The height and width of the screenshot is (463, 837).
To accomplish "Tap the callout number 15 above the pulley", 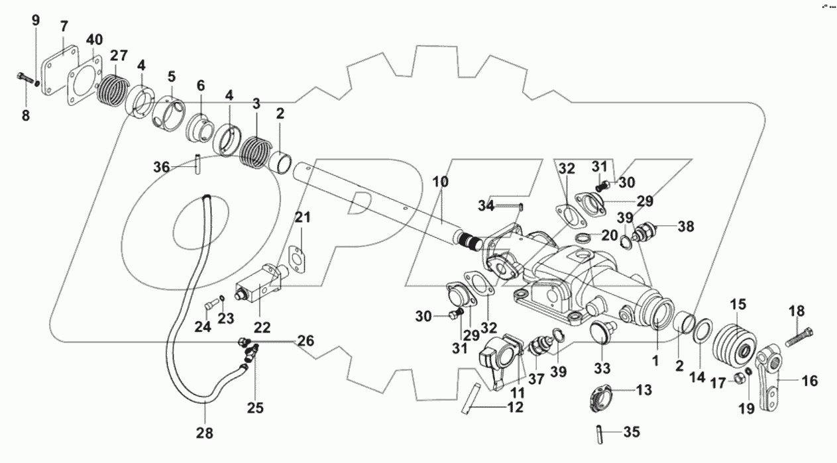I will tap(738, 305).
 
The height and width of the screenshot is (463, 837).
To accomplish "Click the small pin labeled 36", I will tap(197, 164).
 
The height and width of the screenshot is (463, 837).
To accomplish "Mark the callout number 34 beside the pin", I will tap(486, 205).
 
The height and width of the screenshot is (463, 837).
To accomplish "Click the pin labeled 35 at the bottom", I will tap(598, 434).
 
